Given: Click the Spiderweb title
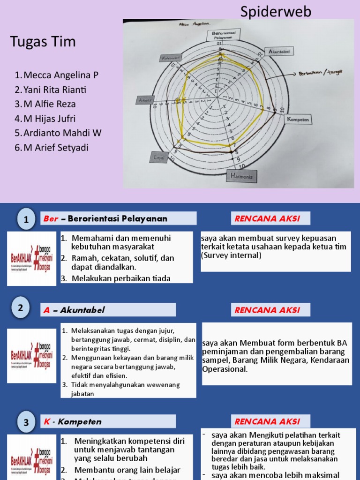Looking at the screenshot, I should pyautogui.click(x=276, y=11).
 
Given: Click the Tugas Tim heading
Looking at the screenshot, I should pyautogui.click(x=43, y=42).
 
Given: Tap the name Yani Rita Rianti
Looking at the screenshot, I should pyautogui.click(x=55, y=90).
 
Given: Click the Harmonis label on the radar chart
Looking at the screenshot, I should pyautogui.click(x=242, y=176).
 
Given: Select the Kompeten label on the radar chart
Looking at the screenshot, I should pyautogui.click(x=299, y=120).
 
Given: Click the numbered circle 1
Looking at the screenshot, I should pyautogui.click(x=26, y=219).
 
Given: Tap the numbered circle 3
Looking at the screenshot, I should pyautogui.click(x=26, y=422).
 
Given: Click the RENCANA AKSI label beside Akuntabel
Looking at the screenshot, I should pyautogui.click(x=267, y=310).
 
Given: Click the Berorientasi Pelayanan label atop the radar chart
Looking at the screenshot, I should pyautogui.click(x=223, y=34).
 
